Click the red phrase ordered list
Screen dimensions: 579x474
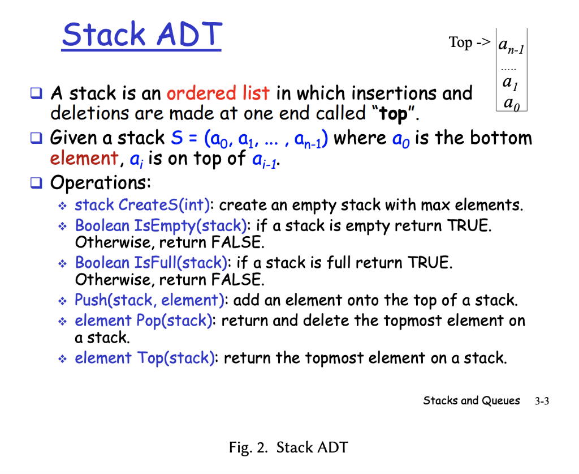point(218,93)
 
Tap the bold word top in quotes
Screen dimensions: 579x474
point(394,114)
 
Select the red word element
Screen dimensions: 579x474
point(84,159)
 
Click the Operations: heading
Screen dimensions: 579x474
point(101,183)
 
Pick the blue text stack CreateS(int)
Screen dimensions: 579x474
point(142,205)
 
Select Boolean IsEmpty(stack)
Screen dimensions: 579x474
point(161,226)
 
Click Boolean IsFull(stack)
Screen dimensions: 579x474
point(151,263)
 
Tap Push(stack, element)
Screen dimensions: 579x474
point(149,300)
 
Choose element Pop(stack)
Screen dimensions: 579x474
point(143,321)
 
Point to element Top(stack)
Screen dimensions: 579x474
point(145,358)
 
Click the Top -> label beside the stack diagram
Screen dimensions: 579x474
point(469,42)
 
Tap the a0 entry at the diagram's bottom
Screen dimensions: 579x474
point(512,103)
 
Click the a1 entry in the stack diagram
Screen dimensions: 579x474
point(511,83)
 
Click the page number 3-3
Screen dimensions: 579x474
point(542,401)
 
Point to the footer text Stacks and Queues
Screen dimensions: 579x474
point(472,401)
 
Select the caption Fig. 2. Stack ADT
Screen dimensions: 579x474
point(288,447)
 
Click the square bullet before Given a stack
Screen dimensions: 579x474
point(36,138)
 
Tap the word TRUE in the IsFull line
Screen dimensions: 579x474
point(430,263)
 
